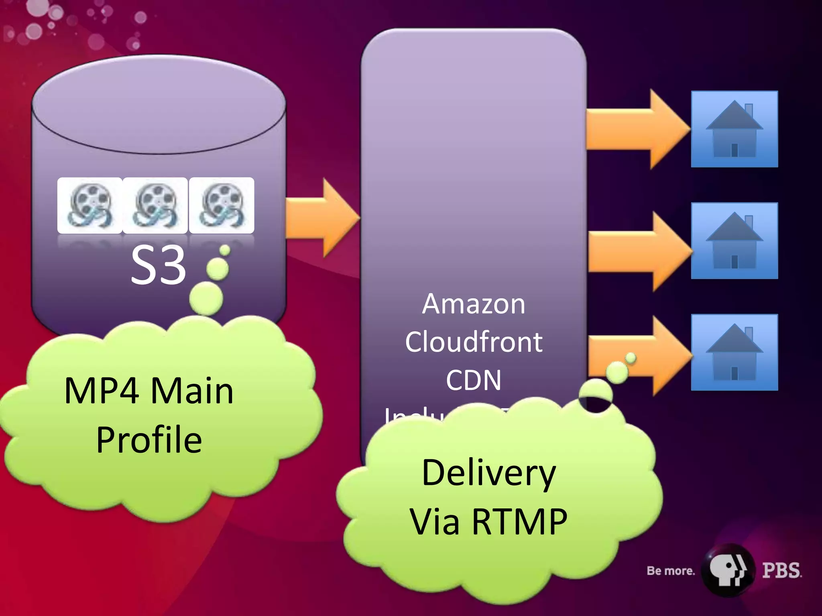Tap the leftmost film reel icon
click(x=90, y=205)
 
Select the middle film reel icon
click(x=155, y=205)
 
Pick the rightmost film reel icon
click(x=222, y=205)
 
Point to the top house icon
click(x=734, y=129)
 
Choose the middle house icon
click(x=734, y=241)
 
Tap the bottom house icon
click(x=734, y=352)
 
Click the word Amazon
click(x=474, y=304)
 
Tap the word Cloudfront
click(x=474, y=342)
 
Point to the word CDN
click(x=474, y=380)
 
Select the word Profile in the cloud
click(x=149, y=440)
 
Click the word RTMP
click(x=519, y=522)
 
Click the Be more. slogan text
click(x=670, y=571)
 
